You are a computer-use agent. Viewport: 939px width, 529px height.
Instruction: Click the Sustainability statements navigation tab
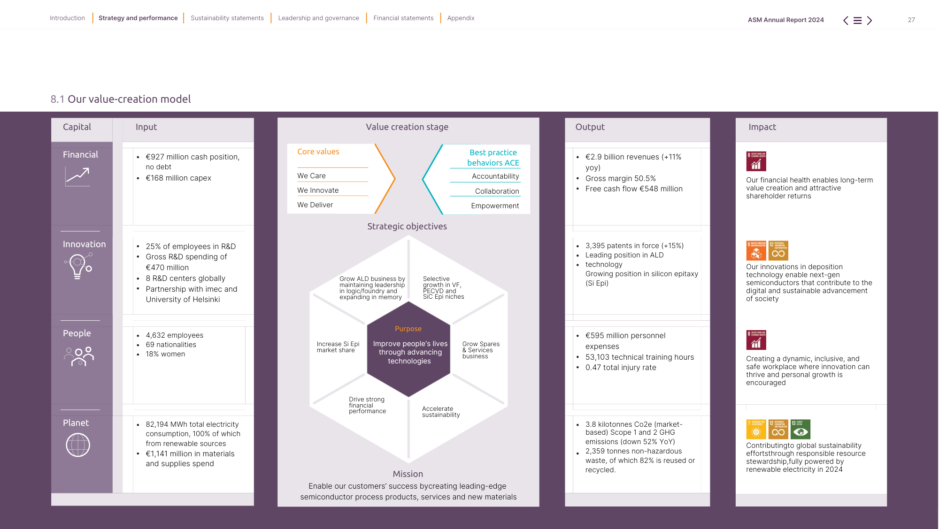pos(227,18)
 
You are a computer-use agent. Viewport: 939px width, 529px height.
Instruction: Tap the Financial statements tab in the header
pos(403,18)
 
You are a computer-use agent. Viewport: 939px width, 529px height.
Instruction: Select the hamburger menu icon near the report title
pos(857,21)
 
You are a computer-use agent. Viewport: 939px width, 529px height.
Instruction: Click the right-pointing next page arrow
pos(870,21)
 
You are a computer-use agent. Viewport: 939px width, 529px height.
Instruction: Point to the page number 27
pos(911,20)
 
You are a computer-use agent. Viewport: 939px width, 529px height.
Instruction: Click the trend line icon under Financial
pos(77,177)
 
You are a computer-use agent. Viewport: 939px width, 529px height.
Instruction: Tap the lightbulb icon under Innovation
pos(78,266)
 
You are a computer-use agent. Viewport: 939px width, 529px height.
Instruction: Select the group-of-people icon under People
pos(79,356)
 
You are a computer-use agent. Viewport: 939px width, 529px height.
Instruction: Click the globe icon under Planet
pos(78,445)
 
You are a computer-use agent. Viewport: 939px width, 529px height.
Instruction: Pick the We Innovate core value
pos(318,190)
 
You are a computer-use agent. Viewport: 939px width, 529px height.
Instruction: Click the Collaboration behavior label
pos(497,191)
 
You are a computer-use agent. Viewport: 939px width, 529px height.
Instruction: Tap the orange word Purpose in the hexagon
pos(408,329)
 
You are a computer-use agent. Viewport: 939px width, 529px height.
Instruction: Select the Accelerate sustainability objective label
pos(440,412)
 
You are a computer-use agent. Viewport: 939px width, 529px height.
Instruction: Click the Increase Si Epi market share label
pos(338,347)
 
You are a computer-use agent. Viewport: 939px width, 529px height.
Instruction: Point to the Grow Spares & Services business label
pos(480,350)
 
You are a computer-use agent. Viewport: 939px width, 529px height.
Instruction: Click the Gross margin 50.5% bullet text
pos(620,179)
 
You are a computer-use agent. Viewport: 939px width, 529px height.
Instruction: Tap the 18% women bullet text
pos(165,354)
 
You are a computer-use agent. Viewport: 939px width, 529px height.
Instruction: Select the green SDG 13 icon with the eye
pos(800,429)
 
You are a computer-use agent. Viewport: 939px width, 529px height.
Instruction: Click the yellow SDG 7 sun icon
pos(756,429)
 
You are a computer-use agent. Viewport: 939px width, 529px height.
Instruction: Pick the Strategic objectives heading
pos(407,227)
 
